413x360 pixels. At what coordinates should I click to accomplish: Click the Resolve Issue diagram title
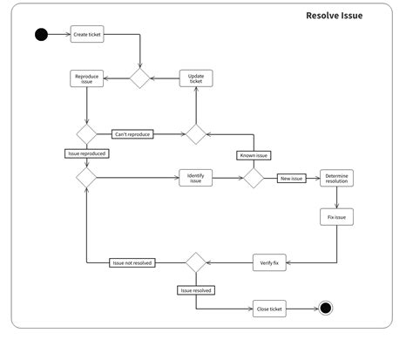pyautogui.click(x=335, y=16)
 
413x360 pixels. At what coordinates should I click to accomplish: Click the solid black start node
pyautogui.click(x=40, y=35)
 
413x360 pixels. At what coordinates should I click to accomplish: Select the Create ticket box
pyautogui.click(x=87, y=35)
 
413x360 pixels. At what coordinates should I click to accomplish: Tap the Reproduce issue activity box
pyautogui.click(x=87, y=78)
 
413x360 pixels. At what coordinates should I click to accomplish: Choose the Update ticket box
pyautogui.click(x=196, y=78)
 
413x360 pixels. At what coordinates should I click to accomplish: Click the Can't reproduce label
pyautogui.click(x=133, y=134)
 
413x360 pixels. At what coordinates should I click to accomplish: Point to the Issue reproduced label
pyautogui.click(x=86, y=153)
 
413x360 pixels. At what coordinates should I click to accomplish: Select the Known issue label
pyautogui.click(x=254, y=155)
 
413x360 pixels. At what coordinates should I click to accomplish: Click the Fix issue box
pyautogui.click(x=336, y=216)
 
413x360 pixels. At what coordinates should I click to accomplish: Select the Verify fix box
pyautogui.click(x=269, y=262)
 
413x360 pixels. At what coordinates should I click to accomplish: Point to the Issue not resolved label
pyautogui.click(x=133, y=262)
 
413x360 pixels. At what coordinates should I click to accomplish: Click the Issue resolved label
pyautogui.click(x=195, y=289)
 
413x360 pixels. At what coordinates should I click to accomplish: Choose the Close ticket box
pyautogui.click(x=269, y=309)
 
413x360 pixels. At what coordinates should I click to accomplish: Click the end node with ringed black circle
pyautogui.click(x=325, y=309)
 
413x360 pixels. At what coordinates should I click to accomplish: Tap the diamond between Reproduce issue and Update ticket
pyautogui.click(x=139, y=78)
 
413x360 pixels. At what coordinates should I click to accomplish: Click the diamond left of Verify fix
pyautogui.click(x=195, y=262)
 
